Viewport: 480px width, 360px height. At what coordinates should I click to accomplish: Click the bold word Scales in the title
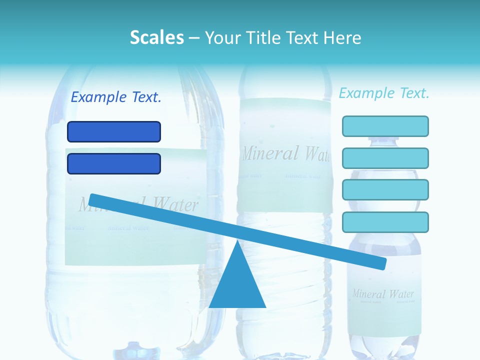(156, 37)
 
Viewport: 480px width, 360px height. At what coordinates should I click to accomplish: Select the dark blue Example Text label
(116, 97)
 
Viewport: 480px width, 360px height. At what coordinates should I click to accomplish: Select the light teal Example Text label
(384, 93)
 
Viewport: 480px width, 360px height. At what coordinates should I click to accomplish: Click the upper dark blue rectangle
(114, 131)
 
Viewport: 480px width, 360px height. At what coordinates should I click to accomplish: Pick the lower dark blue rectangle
(114, 163)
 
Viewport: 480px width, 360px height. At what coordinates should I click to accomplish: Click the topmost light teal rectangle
(385, 126)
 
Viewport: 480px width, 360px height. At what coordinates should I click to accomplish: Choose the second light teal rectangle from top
(385, 158)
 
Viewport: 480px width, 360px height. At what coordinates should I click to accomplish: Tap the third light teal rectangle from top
(385, 190)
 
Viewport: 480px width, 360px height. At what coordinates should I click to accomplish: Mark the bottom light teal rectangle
(385, 222)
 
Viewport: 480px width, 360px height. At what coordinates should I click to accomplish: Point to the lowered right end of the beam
(382, 263)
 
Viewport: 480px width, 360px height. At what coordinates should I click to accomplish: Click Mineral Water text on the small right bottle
(383, 293)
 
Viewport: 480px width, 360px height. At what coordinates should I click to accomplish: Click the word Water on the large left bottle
(175, 204)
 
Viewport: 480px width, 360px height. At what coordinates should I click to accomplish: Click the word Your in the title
(221, 38)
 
